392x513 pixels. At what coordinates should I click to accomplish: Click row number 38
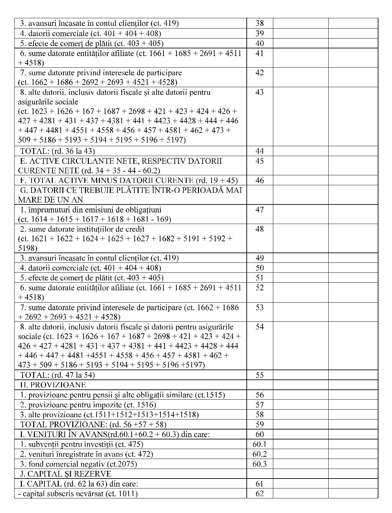[260, 23]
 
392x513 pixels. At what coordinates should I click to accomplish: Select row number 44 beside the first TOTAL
[260, 151]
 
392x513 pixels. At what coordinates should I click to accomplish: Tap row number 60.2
[260, 454]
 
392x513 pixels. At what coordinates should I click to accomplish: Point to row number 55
[260, 375]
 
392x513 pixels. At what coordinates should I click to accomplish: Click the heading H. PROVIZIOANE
[53, 385]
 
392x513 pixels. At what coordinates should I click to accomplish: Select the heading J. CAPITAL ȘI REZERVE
[65, 474]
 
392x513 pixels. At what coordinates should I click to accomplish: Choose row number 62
[260, 493]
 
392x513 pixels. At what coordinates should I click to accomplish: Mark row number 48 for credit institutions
[260, 229]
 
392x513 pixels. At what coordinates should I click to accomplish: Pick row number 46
[260, 180]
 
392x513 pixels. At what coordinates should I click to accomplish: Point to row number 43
[260, 92]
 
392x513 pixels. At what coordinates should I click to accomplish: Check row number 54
[260, 327]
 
